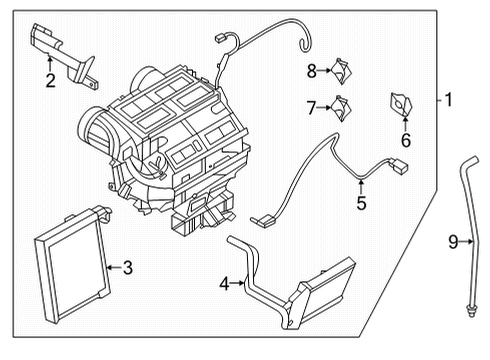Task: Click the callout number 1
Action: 449,100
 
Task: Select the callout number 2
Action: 48,79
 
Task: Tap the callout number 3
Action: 127,267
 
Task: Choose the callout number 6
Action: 406,142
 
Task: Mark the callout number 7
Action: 311,106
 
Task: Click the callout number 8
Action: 311,70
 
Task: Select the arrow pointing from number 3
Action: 112,267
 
